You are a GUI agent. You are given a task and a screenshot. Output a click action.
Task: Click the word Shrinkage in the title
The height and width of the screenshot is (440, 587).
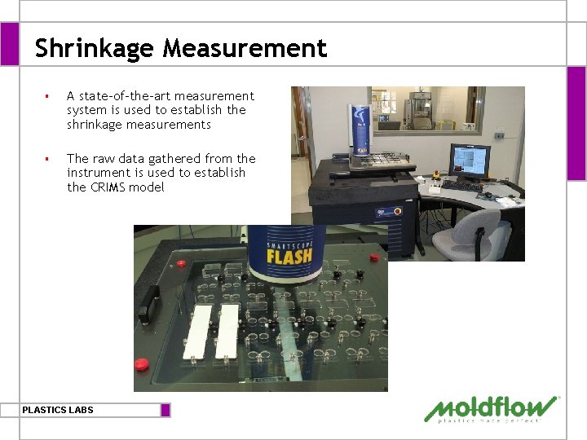[x=94, y=49]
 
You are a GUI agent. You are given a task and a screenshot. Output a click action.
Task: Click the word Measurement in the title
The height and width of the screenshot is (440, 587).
[x=245, y=49]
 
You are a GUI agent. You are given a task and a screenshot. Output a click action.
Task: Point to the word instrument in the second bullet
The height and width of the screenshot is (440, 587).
[x=101, y=173]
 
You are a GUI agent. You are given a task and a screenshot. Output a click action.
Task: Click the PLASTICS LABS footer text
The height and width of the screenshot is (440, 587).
[x=58, y=410]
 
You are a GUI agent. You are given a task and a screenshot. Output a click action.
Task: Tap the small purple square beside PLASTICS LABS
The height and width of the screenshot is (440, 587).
[x=166, y=410]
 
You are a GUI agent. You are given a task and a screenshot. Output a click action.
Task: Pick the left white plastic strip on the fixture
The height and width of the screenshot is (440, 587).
[x=198, y=332]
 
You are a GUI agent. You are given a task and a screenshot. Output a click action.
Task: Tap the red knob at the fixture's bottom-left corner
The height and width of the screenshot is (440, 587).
[x=141, y=364]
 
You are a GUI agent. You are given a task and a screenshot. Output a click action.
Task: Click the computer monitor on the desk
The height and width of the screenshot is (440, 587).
[x=469, y=161]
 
